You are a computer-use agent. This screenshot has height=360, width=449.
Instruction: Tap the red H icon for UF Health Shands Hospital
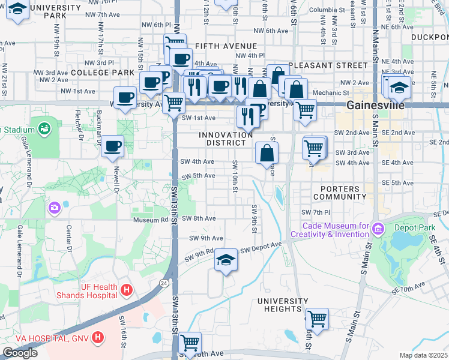tap(126, 290)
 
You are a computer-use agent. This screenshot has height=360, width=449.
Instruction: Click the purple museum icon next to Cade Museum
tap(378, 229)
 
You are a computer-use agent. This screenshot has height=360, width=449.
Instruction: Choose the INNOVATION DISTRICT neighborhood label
tap(226, 139)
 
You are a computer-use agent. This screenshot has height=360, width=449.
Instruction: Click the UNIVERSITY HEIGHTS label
tap(279, 304)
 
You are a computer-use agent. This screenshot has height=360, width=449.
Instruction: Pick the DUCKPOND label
tap(430, 37)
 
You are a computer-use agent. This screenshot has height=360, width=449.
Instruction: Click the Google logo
tap(20, 353)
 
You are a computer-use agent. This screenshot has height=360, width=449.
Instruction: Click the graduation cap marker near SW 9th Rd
tap(226, 260)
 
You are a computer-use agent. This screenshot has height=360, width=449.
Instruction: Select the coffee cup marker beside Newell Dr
tap(112, 146)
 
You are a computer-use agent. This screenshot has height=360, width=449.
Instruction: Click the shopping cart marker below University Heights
tap(316, 318)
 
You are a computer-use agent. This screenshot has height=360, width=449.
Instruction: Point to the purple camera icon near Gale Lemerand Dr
tap(55, 208)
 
